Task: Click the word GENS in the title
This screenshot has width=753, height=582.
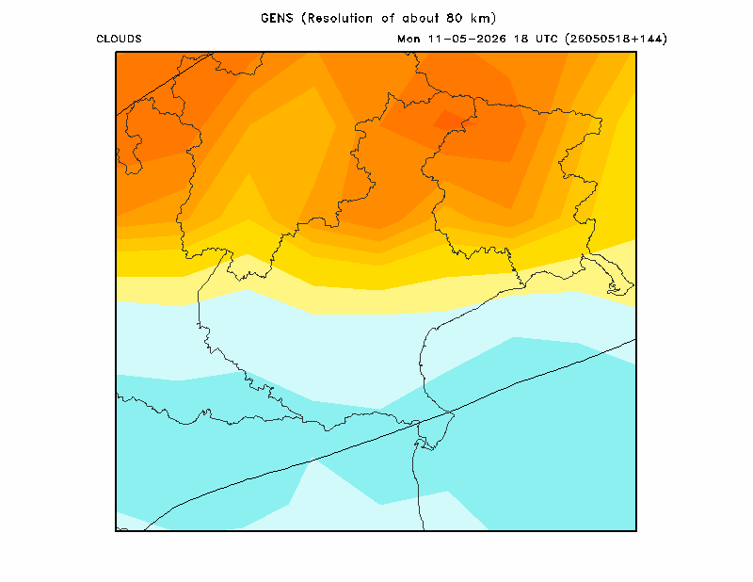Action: coord(277,18)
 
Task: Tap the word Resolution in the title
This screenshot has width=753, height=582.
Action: coord(341,18)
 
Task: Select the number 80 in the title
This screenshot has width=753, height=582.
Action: coord(454,18)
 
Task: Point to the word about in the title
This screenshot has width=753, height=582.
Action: coord(420,18)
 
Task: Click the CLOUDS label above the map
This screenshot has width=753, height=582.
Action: coord(119,39)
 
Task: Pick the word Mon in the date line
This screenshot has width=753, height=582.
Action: coord(409,39)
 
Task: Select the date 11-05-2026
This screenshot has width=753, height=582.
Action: coord(467,39)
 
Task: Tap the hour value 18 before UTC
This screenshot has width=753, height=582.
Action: coord(521,39)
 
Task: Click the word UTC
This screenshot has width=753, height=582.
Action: coord(547,39)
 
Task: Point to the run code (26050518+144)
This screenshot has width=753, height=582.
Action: coord(617,39)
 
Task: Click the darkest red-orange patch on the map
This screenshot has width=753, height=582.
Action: coord(452,121)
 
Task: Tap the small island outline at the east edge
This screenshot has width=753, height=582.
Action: coord(615,288)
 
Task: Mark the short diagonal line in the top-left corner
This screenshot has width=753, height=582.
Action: coord(164,84)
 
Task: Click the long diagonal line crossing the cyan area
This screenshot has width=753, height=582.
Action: coord(390,434)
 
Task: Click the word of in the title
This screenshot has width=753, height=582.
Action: coord(388,18)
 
